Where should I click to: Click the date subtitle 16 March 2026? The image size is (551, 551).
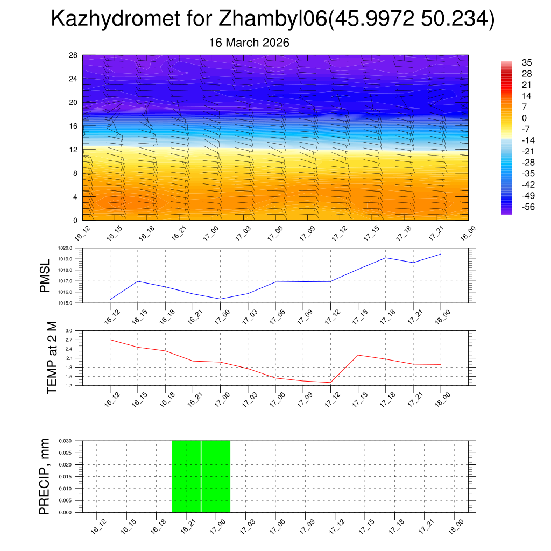click(x=249, y=43)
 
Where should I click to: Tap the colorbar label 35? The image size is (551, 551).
click(x=527, y=62)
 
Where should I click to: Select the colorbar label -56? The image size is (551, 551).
click(x=528, y=207)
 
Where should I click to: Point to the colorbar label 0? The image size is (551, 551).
click(x=525, y=118)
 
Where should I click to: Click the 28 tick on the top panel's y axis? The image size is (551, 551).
click(x=74, y=55)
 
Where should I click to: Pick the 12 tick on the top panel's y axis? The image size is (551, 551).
click(x=74, y=150)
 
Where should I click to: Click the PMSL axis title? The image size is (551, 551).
click(x=45, y=275)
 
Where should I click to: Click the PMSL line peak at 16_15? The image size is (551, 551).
click(x=138, y=281)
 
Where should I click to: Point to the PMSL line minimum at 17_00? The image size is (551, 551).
click(x=221, y=299)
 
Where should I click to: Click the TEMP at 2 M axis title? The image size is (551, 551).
click(x=52, y=358)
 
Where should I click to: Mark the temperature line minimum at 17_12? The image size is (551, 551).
click(x=331, y=382)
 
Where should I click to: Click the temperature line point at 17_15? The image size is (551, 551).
click(x=358, y=355)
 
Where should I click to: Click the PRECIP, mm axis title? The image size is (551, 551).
click(x=45, y=476)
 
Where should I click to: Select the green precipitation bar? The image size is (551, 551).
click(x=201, y=476)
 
